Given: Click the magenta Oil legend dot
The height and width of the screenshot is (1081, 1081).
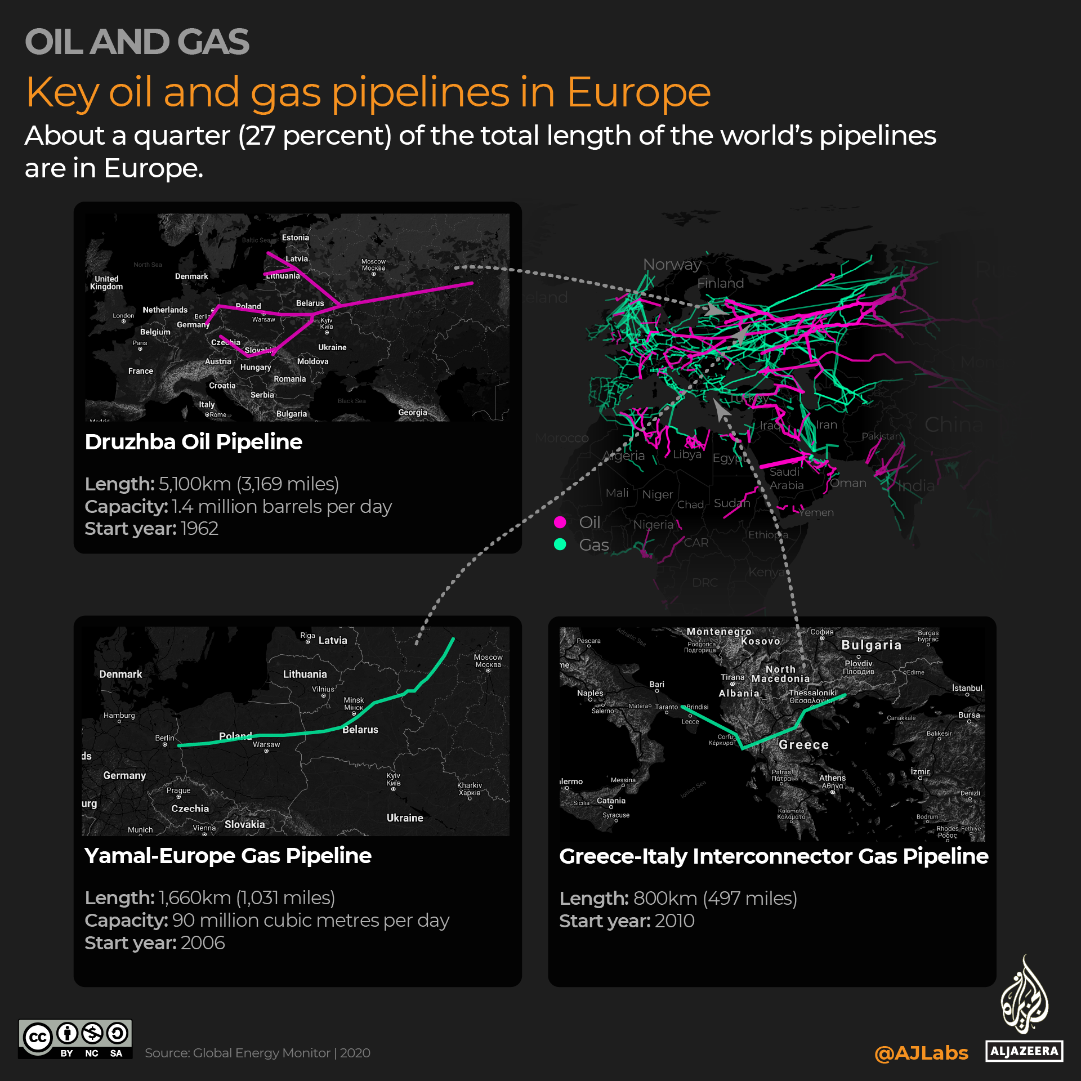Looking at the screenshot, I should pyautogui.click(x=560, y=522).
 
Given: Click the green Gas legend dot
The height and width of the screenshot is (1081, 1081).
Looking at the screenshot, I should pyautogui.click(x=560, y=544).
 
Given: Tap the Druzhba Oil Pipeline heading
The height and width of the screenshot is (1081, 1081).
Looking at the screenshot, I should pyautogui.click(x=193, y=442).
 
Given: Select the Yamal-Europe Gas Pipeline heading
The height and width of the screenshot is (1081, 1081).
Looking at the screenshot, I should pyautogui.click(x=227, y=856).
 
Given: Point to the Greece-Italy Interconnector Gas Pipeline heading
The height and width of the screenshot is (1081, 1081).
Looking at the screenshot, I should pyautogui.click(x=773, y=856).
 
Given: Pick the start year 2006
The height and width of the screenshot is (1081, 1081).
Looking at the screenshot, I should pyautogui.click(x=203, y=942).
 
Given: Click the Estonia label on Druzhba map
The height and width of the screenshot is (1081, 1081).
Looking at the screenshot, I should pyautogui.click(x=295, y=238).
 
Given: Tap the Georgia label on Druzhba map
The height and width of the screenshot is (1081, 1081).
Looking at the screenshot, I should pyautogui.click(x=412, y=413).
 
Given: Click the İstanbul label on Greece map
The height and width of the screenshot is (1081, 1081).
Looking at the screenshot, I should pyautogui.click(x=967, y=688).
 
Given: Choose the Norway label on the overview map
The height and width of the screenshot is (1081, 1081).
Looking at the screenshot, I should pyautogui.click(x=672, y=264).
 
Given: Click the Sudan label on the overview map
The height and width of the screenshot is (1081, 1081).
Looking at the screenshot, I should pyautogui.click(x=731, y=503).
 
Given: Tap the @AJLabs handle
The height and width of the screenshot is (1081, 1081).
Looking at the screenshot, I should pyautogui.click(x=921, y=1052).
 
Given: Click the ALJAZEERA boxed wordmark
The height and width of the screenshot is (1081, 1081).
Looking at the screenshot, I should pyautogui.click(x=1024, y=1051).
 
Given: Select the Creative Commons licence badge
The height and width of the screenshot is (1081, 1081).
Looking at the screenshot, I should pyautogui.click(x=75, y=1039).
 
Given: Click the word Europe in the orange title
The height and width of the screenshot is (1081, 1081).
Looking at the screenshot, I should pyautogui.click(x=638, y=92).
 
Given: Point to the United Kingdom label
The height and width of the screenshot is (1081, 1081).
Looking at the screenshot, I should pyautogui.click(x=106, y=283).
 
